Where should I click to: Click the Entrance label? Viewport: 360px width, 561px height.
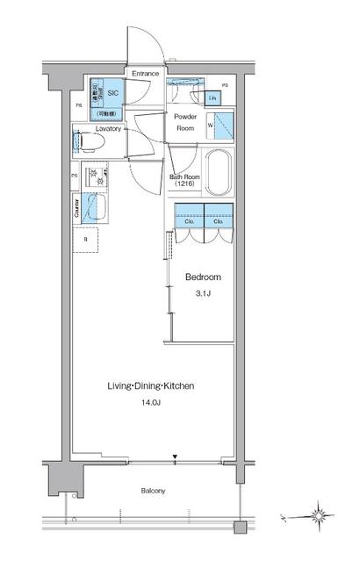[146, 75]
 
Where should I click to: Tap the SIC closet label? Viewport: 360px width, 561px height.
[112, 91]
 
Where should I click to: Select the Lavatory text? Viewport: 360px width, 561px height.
[97, 128]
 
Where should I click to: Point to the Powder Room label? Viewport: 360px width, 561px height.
[184, 122]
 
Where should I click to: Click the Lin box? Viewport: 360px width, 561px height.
[213, 98]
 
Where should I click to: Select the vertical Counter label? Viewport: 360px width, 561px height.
[76, 207]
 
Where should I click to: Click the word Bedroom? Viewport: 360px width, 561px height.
[201, 277]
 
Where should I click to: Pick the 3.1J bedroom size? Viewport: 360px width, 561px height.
[201, 295]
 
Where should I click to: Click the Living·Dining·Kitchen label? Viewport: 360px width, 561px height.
[150, 385]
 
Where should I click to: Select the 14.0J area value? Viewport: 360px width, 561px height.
[150, 405]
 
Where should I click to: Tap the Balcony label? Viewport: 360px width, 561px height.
[152, 491]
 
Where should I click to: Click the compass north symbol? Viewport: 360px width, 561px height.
[319, 514]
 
